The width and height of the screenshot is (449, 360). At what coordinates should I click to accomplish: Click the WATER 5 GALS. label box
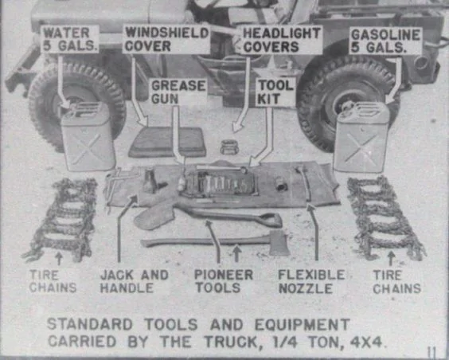point(70,39)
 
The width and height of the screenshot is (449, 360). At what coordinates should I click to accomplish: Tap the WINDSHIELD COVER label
point(166,39)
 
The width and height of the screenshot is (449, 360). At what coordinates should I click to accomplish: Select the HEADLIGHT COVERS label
point(282,40)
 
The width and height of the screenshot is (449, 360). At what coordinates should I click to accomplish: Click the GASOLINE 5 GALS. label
point(385,41)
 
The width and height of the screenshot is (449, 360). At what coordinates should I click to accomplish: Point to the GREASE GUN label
point(178,92)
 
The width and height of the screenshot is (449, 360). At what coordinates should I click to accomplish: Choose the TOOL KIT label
point(275,92)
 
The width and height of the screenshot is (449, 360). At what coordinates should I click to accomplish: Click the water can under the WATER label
point(88,136)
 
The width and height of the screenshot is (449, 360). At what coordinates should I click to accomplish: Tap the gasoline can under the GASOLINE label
point(361,137)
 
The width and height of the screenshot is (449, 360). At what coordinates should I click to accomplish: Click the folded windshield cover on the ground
point(168,142)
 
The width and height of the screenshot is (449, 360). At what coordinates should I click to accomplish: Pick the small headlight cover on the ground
point(229,147)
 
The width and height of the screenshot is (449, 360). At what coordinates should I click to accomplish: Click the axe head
point(279,243)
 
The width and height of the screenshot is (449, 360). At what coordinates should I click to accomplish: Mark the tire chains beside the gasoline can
point(385,218)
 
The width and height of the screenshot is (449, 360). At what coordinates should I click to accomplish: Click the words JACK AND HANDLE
point(134,281)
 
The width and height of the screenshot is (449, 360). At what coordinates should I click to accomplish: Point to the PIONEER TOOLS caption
point(224,281)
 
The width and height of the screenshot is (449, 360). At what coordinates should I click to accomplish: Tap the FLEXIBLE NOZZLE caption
point(311,281)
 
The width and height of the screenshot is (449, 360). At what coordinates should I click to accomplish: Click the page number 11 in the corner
point(431,352)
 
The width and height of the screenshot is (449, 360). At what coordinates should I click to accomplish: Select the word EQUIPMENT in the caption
point(302,324)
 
